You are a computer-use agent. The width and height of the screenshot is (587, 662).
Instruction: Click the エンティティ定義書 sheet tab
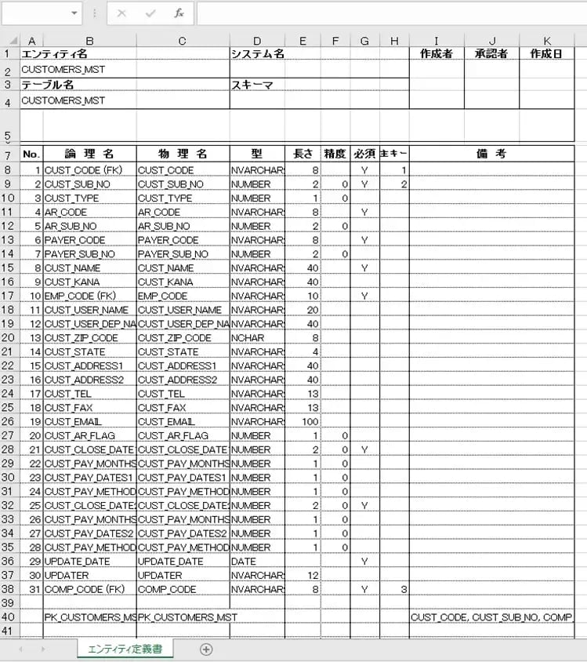[x=125, y=649]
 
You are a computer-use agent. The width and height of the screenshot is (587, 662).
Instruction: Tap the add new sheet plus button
[x=206, y=649]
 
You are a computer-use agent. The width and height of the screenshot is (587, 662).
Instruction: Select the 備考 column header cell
[x=491, y=154]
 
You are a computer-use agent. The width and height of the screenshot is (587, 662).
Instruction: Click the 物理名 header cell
[x=183, y=154]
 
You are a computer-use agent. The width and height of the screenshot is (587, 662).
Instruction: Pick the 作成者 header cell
[x=436, y=54]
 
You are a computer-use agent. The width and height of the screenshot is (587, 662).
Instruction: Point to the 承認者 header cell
[x=491, y=54]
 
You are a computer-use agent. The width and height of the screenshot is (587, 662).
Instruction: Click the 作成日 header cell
[x=546, y=54]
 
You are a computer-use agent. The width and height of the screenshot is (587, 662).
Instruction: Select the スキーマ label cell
[x=257, y=85]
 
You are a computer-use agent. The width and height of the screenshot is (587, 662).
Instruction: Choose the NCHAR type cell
[x=257, y=338]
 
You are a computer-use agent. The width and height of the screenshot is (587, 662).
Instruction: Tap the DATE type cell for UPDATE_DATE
[x=257, y=562]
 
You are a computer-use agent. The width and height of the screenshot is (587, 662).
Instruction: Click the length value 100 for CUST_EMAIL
[x=303, y=422]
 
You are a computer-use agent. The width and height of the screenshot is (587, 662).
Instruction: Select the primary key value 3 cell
[x=394, y=589]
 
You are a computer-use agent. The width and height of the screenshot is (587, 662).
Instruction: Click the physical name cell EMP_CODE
[x=183, y=296]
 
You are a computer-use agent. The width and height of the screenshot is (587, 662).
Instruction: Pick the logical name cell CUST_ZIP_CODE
[x=89, y=338]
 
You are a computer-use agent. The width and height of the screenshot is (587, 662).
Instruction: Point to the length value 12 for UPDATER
[x=303, y=576]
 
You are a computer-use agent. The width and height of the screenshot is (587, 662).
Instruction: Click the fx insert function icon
[x=179, y=13]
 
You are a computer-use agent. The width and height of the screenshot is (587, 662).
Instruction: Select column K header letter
[x=546, y=41]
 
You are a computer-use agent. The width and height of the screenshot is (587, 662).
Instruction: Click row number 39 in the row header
[x=9, y=602]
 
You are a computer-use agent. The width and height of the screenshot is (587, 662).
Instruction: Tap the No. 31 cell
[x=31, y=589]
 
